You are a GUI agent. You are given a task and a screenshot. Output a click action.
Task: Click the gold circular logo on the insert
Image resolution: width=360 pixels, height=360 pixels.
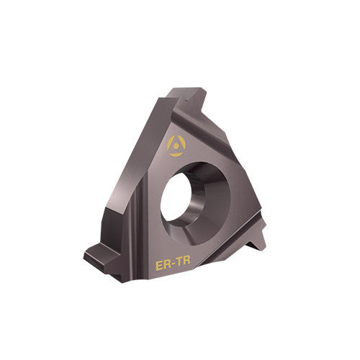[x=175, y=146]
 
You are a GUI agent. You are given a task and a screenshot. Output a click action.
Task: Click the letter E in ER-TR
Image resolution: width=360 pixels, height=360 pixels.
[x=160, y=266]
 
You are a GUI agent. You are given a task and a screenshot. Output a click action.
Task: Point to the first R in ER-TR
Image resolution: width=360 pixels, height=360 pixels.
[x=166, y=266]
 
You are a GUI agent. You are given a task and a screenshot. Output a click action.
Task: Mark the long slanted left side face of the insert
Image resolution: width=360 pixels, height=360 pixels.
[x=126, y=180]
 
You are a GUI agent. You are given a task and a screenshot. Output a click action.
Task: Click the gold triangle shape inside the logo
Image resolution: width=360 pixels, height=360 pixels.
[x=175, y=143]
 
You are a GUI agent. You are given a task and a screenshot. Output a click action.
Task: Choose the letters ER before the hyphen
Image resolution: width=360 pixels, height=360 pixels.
[x=163, y=266]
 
